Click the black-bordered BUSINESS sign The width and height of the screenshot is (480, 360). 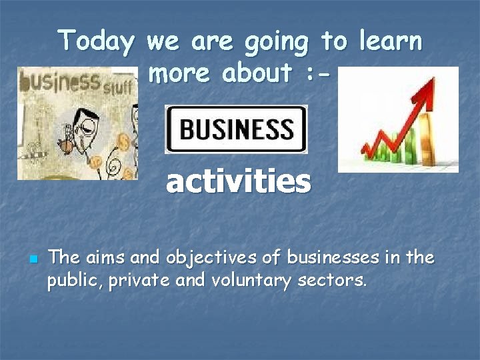(236, 129)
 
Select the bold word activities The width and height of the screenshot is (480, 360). (238, 181)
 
